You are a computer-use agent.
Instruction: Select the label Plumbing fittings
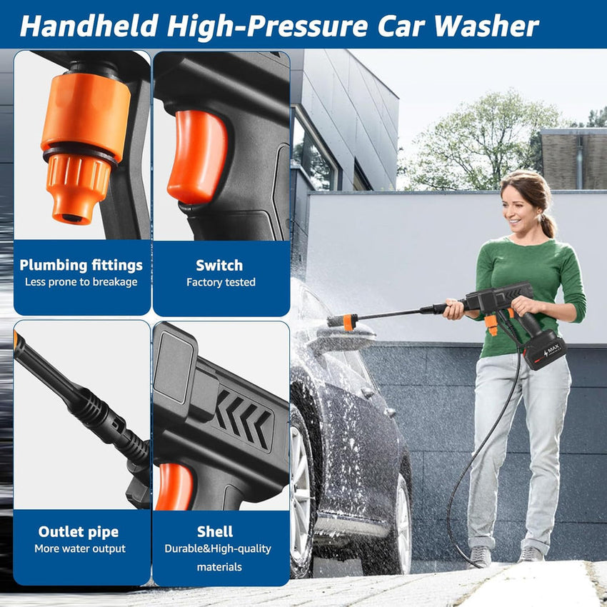click(x=81, y=266)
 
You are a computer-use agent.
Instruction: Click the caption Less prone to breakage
click(x=81, y=282)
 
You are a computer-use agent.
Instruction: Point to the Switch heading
click(x=219, y=266)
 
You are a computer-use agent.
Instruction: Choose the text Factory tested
click(x=221, y=282)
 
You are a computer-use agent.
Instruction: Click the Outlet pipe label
click(x=79, y=532)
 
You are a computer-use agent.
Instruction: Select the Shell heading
click(x=215, y=532)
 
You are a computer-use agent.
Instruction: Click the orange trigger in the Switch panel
click(x=197, y=157)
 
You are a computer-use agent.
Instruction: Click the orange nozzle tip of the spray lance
click(x=348, y=322)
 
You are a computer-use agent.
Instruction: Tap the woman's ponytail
click(x=548, y=224)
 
